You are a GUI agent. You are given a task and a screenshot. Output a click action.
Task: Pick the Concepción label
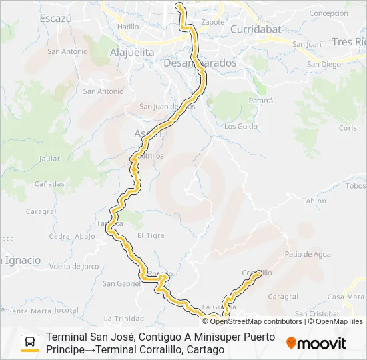pos(328,13)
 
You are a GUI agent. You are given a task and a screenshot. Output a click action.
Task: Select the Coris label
pos(348,127)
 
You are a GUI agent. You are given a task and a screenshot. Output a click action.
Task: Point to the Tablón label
pos(314,201)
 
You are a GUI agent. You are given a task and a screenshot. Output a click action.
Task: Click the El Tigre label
pos(150,235)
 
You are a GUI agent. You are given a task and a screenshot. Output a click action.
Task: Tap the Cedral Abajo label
pos(73,236)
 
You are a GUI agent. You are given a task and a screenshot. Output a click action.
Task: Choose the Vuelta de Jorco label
pos(74,267)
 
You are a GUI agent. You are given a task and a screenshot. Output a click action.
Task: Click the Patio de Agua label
pos(308,254)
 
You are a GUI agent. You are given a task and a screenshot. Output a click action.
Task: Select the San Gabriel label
pos(121,283)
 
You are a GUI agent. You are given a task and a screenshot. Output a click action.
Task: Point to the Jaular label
pos(50,159)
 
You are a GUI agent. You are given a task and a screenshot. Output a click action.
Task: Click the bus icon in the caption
pos(30,343)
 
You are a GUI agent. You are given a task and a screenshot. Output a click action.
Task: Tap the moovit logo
pos(316,343)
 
